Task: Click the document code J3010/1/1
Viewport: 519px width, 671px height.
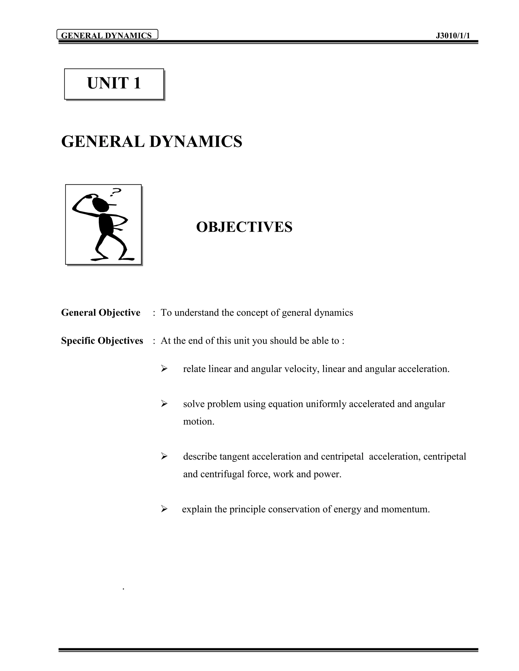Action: coord(453,36)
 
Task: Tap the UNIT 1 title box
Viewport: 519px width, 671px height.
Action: coord(114,84)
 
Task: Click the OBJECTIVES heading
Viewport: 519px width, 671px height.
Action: coord(244,227)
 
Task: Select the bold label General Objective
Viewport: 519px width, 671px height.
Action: coord(101,312)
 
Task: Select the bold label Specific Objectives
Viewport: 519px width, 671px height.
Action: coord(102,341)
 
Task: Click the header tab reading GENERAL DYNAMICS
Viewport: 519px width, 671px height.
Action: coord(107,35)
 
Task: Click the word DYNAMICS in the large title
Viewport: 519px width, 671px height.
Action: coord(196,142)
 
